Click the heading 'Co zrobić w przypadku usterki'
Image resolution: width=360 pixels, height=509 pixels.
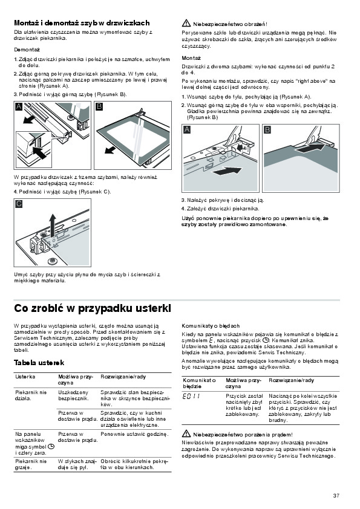click(x=93, y=308)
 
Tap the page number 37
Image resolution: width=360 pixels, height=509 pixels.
click(x=336, y=495)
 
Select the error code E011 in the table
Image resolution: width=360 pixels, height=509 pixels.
click(x=191, y=397)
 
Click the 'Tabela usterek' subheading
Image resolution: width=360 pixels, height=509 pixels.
click(x=39, y=363)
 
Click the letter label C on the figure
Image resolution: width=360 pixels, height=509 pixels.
click(x=19, y=204)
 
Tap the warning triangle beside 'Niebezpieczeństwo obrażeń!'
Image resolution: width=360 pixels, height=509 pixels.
click(x=186, y=23)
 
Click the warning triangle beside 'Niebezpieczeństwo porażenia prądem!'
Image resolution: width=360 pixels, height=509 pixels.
click(x=186, y=433)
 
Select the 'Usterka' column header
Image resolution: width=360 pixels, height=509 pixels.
click(x=25, y=377)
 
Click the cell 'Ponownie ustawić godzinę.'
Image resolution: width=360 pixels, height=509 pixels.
click(x=134, y=434)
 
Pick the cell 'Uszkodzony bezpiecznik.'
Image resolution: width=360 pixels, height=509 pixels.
click(x=73, y=395)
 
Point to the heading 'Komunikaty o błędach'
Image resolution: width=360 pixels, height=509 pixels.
click(x=211, y=326)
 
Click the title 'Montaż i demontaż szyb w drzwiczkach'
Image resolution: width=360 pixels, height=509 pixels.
click(x=82, y=23)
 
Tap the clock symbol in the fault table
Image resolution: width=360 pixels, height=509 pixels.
click(x=51, y=446)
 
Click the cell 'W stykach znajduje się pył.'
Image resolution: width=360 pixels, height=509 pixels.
click(x=77, y=464)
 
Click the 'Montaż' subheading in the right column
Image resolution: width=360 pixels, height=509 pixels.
click(x=191, y=58)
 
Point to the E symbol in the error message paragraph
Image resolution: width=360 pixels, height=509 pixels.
click(x=212, y=340)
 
